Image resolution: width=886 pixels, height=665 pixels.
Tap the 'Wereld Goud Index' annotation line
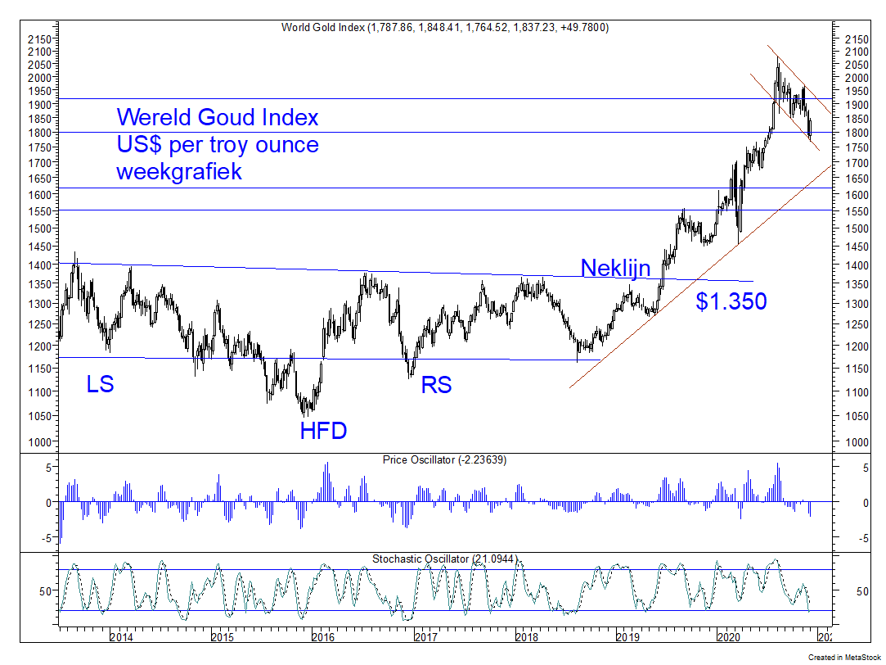click(x=218, y=117)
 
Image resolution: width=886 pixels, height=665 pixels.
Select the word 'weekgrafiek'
click(x=179, y=172)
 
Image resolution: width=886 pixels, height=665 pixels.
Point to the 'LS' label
click(x=100, y=383)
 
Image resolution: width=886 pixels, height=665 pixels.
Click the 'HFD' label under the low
click(x=322, y=430)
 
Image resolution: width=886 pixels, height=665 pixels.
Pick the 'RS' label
click(x=436, y=384)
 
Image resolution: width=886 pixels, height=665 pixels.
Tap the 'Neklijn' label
click(x=615, y=268)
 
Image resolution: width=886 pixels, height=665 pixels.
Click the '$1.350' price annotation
click(x=731, y=301)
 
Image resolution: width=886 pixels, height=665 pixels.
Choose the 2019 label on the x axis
click(x=627, y=636)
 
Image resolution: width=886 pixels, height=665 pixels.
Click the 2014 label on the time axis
click(x=121, y=636)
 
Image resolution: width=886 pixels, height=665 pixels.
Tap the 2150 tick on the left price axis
click(x=38, y=38)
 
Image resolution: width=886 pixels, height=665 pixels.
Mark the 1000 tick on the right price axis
click(x=853, y=442)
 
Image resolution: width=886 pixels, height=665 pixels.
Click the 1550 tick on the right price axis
click(x=853, y=210)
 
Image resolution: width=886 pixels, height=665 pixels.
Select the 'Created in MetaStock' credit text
click(x=844, y=658)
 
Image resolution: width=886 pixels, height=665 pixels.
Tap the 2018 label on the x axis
click(x=525, y=636)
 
